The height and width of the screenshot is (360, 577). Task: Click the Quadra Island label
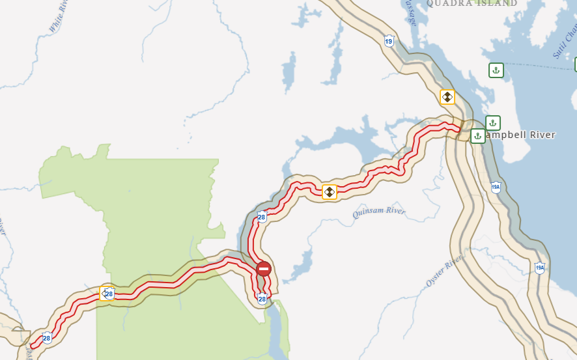point(471,3)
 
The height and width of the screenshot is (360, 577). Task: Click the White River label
point(59,17)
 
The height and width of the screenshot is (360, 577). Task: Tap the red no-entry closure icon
point(264,268)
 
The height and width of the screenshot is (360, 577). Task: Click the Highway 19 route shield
point(389,41)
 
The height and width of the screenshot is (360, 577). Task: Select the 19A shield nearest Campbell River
point(496,187)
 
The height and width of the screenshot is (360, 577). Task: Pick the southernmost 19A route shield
point(539,268)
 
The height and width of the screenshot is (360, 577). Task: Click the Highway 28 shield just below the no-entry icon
point(262,299)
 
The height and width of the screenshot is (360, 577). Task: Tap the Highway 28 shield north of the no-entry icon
point(262,217)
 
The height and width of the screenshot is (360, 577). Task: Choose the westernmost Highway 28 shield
point(47,338)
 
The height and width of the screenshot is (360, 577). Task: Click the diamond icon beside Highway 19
point(447,97)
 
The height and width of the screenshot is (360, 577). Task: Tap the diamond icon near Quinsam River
point(330,192)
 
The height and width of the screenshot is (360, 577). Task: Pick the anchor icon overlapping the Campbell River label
point(477,136)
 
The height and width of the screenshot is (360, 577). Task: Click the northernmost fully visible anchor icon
point(496,70)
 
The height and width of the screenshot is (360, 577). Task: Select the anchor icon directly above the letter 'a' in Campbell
point(493,122)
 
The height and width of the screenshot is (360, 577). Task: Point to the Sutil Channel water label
point(565,39)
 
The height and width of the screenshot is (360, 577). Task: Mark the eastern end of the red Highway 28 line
point(460,132)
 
